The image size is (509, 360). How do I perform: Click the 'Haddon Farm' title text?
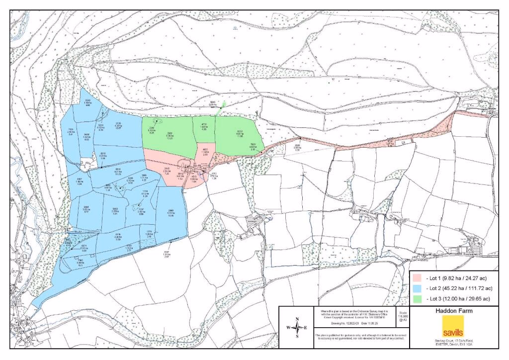pos(453,311)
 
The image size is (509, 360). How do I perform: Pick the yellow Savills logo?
pos(453,326)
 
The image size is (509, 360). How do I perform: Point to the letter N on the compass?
pos(297,319)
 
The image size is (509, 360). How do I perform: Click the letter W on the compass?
pos(288,327)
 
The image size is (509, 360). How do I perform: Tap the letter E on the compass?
pos(306,327)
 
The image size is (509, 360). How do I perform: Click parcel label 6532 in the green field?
pos(239,132)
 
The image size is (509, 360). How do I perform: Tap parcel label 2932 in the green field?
pos(169,135)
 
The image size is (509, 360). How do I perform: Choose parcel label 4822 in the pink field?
pos(205,150)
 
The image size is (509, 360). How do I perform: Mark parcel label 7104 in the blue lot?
pos(71,130)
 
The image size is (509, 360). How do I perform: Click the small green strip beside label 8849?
pos(222,106)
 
